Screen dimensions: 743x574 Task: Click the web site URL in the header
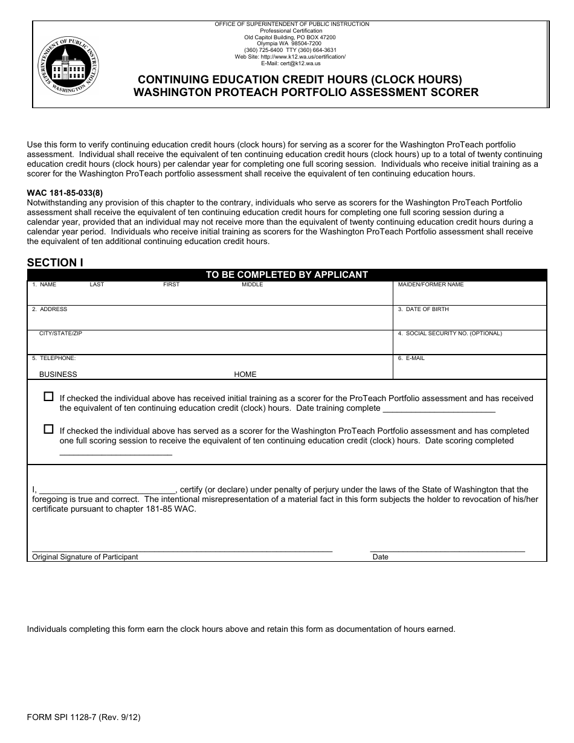(290, 57)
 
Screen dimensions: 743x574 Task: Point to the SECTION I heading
(55, 262)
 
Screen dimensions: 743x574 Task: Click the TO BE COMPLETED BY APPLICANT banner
(286, 275)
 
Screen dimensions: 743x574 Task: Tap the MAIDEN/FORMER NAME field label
(431, 285)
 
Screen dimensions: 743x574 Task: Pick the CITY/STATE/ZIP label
(60, 333)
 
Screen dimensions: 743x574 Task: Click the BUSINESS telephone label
(58, 375)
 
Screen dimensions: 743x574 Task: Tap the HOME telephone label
(245, 375)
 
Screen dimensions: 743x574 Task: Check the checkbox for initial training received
(49, 397)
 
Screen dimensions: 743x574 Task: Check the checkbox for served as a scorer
(49, 429)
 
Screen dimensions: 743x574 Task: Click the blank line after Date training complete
(439, 409)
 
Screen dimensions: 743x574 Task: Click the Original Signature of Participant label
(85, 557)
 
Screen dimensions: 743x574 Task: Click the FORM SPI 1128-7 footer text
(83, 718)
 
